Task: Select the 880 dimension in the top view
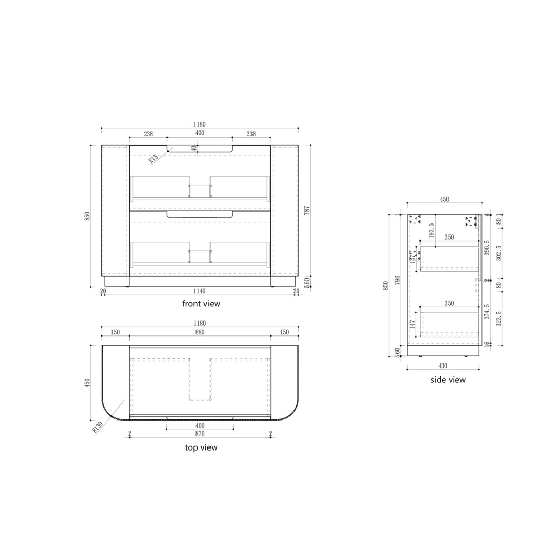point(200,332)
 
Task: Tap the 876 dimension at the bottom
point(200,433)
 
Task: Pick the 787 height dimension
point(306,211)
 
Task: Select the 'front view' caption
point(201,304)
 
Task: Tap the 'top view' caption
point(201,447)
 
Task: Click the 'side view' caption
point(448,380)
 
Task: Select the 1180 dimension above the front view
point(200,124)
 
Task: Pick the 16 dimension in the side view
point(487,343)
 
